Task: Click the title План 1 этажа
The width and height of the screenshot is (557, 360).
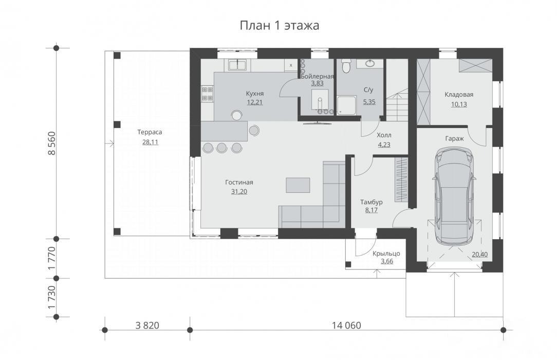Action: pyautogui.click(x=279, y=26)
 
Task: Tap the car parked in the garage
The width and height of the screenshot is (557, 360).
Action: pyautogui.click(x=454, y=195)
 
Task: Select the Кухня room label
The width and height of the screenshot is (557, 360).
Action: pyautogui.click(x=255, y=94)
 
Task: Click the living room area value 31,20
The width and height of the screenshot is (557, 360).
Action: pyautogui.click(x=239, y=191)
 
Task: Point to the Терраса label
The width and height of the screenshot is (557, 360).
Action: pyautogui.click(x=150, y=132)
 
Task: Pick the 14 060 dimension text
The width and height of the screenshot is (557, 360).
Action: pyautogui.click(x=346, y=325)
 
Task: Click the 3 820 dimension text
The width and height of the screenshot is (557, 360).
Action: pyautogui.click(x=147, y=325)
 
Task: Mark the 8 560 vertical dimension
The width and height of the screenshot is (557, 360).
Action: pyautogui.click(x=52, y=143)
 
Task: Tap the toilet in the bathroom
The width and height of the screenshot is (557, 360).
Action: pyautogui.click(x=346, y=66)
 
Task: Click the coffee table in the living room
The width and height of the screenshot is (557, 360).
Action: pyautogui.click(x=298, y=185)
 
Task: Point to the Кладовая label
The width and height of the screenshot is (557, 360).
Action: pyautogui.click(x=459, y=95)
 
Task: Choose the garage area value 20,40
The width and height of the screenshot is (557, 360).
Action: pyautogui.click(x=479, y=255)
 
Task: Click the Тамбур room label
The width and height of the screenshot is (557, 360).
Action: pyautogui.click(x=371, y=202)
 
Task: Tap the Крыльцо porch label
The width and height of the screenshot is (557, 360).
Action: pyautogui.click(x=386, y=254)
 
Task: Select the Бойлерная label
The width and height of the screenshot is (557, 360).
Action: pyautogui.click(x=317, y=76)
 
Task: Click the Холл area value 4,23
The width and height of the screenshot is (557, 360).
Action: pyautogui.click(x=384, y=145)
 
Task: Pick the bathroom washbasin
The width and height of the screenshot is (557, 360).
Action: pyautogui.click(x=369, y=64)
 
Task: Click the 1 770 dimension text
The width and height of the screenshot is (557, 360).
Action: pyautogui.click(x=52, y=258)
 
